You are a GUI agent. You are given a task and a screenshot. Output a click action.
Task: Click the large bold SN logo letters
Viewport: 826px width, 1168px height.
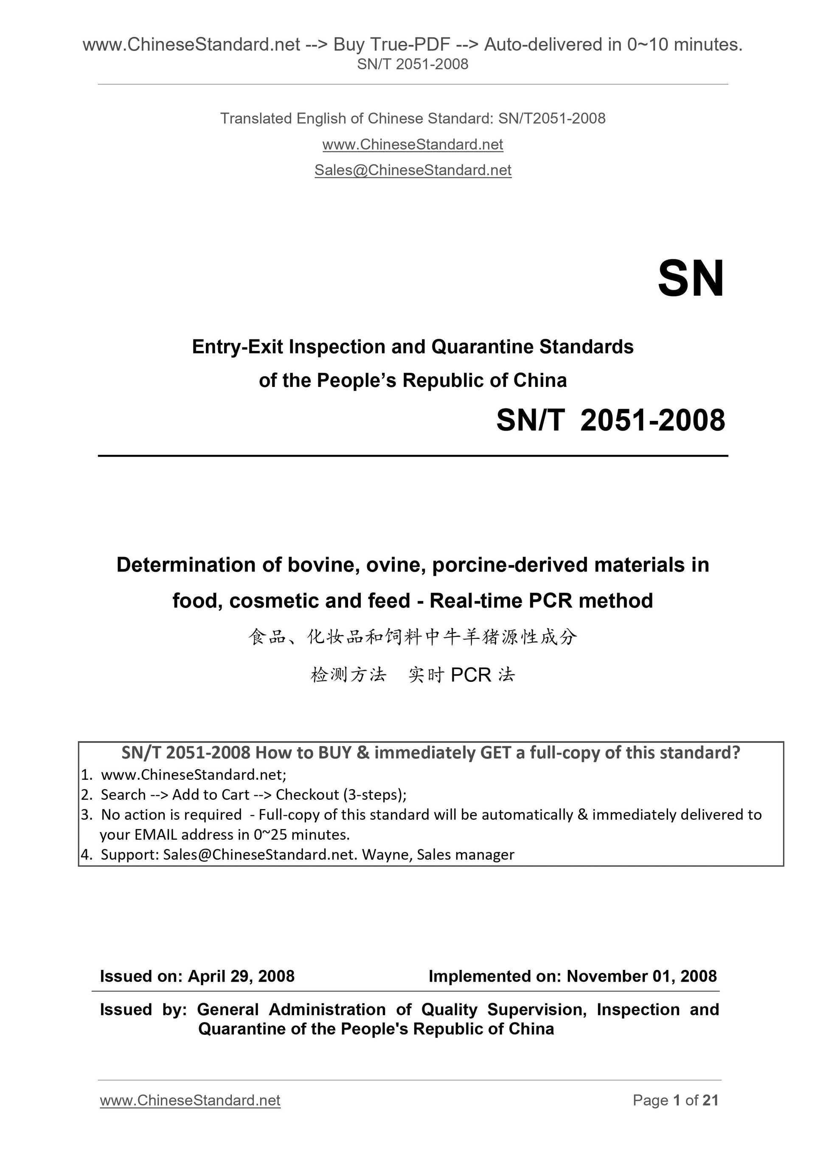click(691, 279)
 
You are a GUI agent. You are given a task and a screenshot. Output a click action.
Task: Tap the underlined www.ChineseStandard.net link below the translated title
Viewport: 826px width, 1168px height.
click(413, 145)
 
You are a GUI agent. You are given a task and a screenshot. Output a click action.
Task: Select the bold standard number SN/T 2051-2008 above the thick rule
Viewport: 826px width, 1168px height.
click(610, 421)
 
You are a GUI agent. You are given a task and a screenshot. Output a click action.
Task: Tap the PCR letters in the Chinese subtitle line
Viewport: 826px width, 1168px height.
click(471, 675)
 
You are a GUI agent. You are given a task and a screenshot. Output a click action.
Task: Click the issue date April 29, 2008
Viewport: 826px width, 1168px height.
click(241, 976)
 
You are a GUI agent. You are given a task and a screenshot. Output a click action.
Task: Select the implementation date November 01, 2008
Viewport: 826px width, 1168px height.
click(641, 976)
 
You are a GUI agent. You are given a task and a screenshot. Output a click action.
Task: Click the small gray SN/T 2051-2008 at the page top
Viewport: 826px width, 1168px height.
click(413, 64)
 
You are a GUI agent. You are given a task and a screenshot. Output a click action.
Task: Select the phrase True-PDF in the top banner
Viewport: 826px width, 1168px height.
click(391, 45)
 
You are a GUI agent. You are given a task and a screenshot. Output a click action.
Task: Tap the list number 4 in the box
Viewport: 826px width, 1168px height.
click(85, 854)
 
